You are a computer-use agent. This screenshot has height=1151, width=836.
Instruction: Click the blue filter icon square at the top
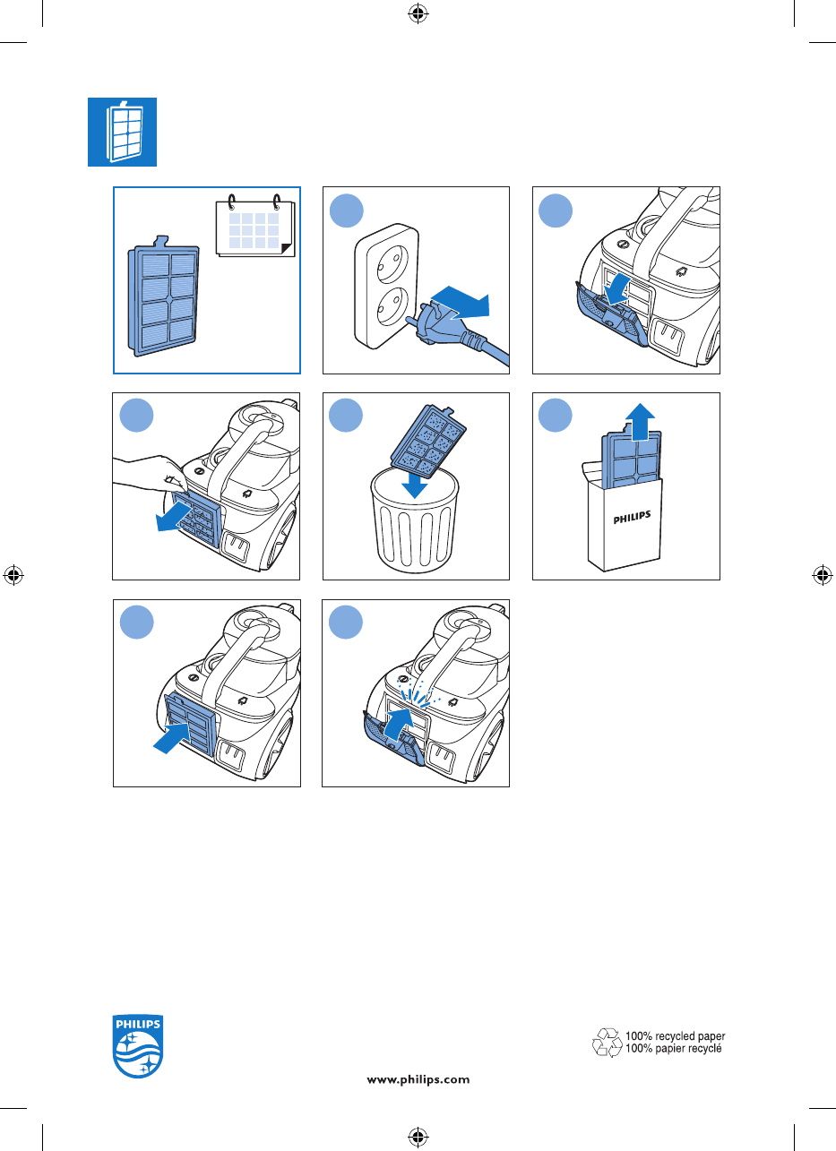pyautogui.click(x=123, y=132)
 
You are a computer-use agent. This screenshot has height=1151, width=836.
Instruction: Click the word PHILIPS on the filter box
pyautogui.click(x=632, y=518)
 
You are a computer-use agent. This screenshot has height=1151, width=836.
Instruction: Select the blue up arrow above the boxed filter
pyautogui.click(x=640, y=422)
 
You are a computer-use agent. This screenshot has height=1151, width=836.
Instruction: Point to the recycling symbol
pyautogui.click(x=608, y=1042)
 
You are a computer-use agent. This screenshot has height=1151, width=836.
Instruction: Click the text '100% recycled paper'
pyautogui.click(x=675, y=1035)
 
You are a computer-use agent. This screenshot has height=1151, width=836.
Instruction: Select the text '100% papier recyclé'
pyautogui.click(x=674, y=1048)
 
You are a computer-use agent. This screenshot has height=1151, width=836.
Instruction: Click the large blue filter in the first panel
pyautogui.click(x=163, y=296)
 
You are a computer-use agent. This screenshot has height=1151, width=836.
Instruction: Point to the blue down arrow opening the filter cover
pyautogui.click(x=616, y=289)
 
